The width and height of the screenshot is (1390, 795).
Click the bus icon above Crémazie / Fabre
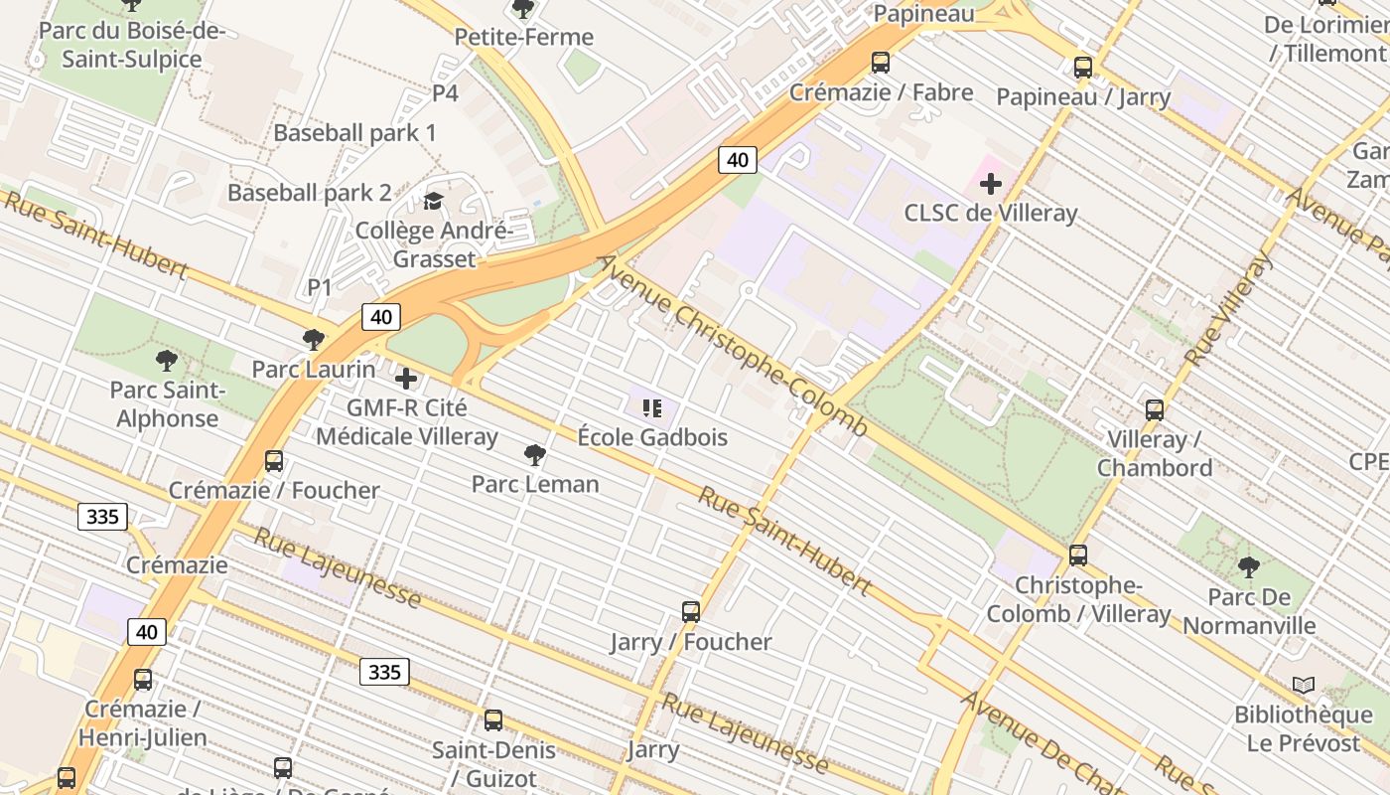point(880,63)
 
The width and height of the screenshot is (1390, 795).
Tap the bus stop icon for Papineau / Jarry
point(1083,68)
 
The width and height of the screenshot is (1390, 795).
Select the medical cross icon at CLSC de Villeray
point(990,184)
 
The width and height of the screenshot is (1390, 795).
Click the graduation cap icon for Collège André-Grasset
point(433,202)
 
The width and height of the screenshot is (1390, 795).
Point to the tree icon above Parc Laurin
point(314,340)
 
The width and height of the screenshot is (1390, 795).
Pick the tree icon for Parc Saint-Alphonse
point(167,361)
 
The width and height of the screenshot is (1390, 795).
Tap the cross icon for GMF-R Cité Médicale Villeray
point(406,379)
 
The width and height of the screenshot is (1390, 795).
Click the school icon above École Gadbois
point(652,407)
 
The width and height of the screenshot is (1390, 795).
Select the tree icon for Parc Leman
point(534,455)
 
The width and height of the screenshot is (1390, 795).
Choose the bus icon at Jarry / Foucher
point(691,612)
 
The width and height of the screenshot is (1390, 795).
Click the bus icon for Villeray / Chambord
point(1154,409)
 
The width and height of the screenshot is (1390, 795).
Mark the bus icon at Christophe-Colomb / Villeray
point(1078,556)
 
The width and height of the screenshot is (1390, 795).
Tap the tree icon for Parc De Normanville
point(1248,567)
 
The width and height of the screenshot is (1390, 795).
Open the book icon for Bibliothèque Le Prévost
point(1303,685)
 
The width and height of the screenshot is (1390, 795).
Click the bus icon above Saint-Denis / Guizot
point(493,720)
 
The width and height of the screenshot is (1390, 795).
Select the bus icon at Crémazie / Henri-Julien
point(143,680)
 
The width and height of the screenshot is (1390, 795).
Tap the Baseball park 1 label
point(354,133)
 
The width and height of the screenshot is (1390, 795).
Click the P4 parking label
point(445,93)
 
